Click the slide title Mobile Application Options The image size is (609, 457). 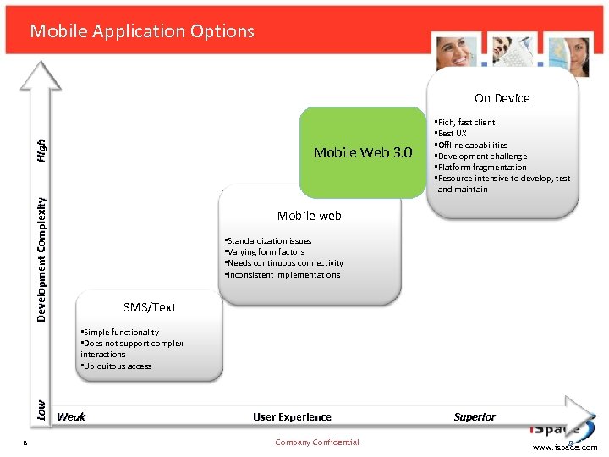[142, 31]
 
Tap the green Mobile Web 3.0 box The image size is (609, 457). [363, 152]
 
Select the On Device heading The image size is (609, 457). [502, 98]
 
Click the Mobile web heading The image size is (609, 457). [309, 216]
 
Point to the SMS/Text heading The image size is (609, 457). [150, 307]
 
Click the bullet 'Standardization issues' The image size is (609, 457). [268, 241]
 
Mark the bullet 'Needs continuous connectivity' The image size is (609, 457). [284, 263]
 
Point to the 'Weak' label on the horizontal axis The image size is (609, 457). [71, 416]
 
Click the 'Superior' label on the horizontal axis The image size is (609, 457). [475, 416]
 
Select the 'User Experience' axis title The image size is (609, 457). [292, 416]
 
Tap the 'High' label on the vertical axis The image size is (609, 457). [41, 152]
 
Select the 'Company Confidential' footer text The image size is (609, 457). [317, 443]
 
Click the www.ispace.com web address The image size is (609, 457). [565, 448]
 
